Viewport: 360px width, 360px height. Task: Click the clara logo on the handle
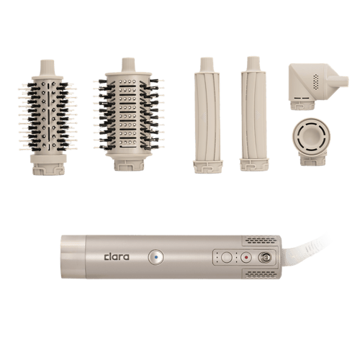point(117,257)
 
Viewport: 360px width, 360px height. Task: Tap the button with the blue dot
point(156,257)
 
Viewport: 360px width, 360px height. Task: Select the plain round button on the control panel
point(226,258)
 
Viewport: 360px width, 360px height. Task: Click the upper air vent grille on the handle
point(261,240)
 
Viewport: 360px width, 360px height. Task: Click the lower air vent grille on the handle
point(261,274)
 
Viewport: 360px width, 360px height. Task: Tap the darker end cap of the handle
point(73,257)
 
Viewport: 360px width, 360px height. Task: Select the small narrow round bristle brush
point(48,117)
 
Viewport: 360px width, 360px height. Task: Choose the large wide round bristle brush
point(129,114)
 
